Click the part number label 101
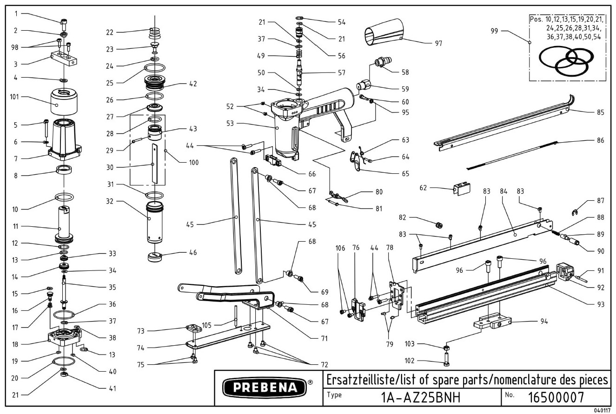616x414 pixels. pos(14,97)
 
